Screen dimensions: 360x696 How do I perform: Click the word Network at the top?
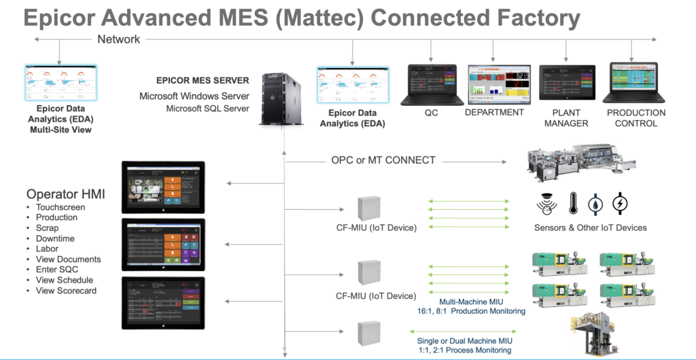coord(119,39)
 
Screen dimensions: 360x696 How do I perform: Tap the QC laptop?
coord(431,84)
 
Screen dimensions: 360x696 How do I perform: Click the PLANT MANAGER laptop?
coord(567,84)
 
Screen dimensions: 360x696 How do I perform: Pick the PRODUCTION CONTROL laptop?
coord(636,84)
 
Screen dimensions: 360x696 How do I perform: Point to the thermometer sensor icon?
coord(573,203)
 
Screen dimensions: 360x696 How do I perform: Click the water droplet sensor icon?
coord(596,203)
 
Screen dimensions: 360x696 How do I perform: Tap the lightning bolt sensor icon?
coord(620,203)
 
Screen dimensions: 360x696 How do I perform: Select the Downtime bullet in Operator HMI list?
coord(55,238)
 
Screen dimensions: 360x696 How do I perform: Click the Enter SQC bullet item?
coord(58,270)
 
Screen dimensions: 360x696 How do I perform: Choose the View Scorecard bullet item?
coord(66,291)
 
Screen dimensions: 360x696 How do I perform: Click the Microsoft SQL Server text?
coord(207,108)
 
